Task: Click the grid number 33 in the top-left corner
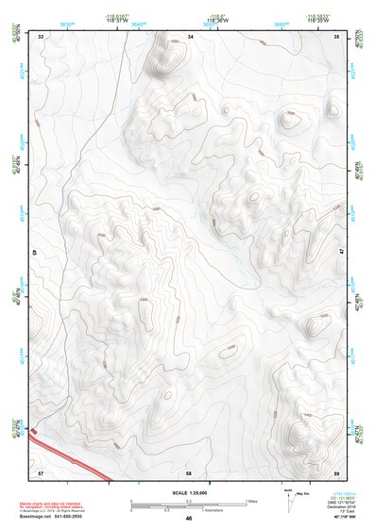[x=40, y=36]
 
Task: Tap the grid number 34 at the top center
[x=190, y=36]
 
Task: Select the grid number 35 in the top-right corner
[x=338, y=36]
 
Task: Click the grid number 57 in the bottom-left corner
[x=40, y=471]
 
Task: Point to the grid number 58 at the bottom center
[x=189, y=471]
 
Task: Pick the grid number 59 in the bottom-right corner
[x=337, y=471]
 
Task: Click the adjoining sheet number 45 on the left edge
[x=35, y=254]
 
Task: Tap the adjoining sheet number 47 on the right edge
[x=342, y=253]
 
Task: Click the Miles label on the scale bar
[x=251, y=500]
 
